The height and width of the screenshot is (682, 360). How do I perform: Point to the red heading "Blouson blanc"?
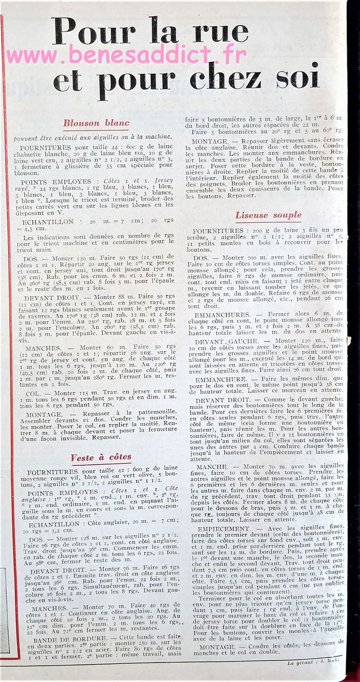[x=96, y=123]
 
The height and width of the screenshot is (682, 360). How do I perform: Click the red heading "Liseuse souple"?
[x=268, y=215]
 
